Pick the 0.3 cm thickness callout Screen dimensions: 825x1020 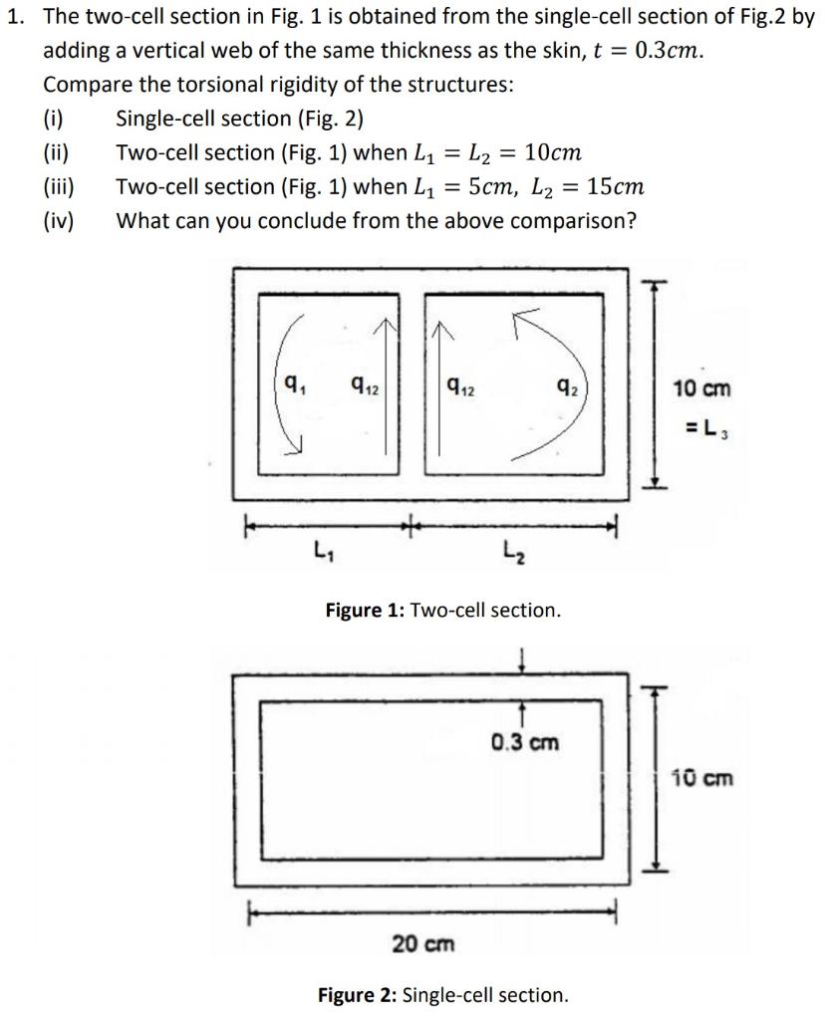(524, 743)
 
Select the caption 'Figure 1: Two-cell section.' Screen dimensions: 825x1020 (443, 610)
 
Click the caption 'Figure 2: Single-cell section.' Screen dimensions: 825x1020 (442, 994)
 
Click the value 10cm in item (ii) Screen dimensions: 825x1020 (551, 153)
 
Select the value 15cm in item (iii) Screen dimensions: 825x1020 (615, 187)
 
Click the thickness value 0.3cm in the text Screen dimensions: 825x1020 (665, 51)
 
